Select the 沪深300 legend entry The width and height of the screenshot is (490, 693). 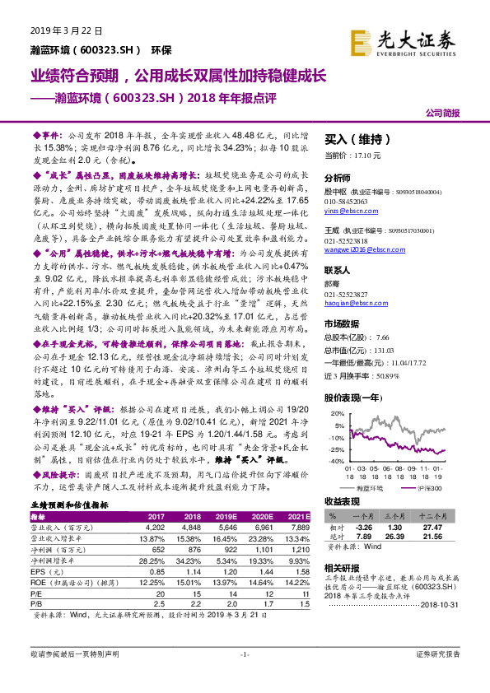(x=423, y=487)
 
